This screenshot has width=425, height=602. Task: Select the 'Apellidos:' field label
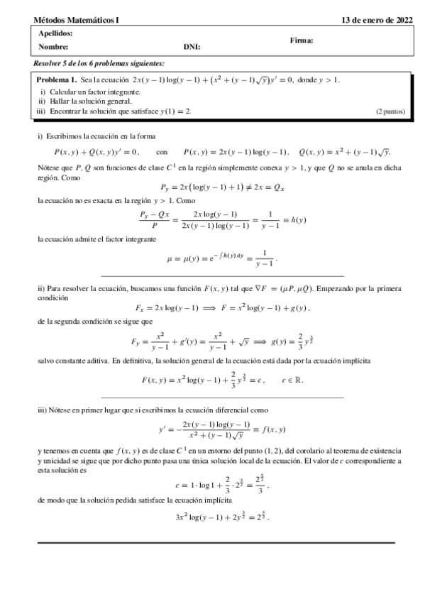pyautogui.click(x=55, y=33)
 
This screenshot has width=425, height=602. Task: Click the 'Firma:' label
pyautogui.click(x=302, y=40)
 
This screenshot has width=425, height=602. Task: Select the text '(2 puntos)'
pyautogui.click(x=390, y=111)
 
